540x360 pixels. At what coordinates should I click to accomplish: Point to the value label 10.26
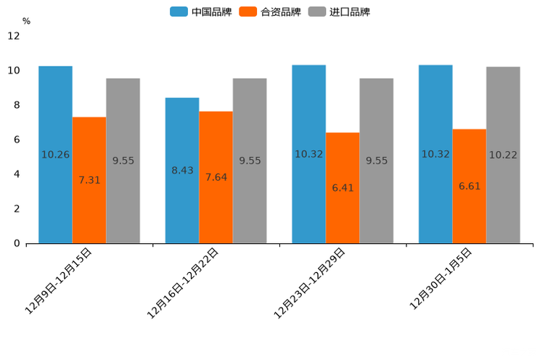point(55,155)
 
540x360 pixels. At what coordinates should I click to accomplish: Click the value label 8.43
point(182,171)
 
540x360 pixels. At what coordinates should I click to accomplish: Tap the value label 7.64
point(216,178)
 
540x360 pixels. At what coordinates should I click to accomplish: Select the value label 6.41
point(343,188)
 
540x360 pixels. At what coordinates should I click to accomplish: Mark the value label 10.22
point(503,155)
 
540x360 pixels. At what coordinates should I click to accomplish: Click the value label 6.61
point(470,187)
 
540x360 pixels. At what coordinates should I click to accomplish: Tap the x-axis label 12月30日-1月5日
point(441,278)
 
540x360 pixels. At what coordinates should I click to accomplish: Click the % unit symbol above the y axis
point(26,21)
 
